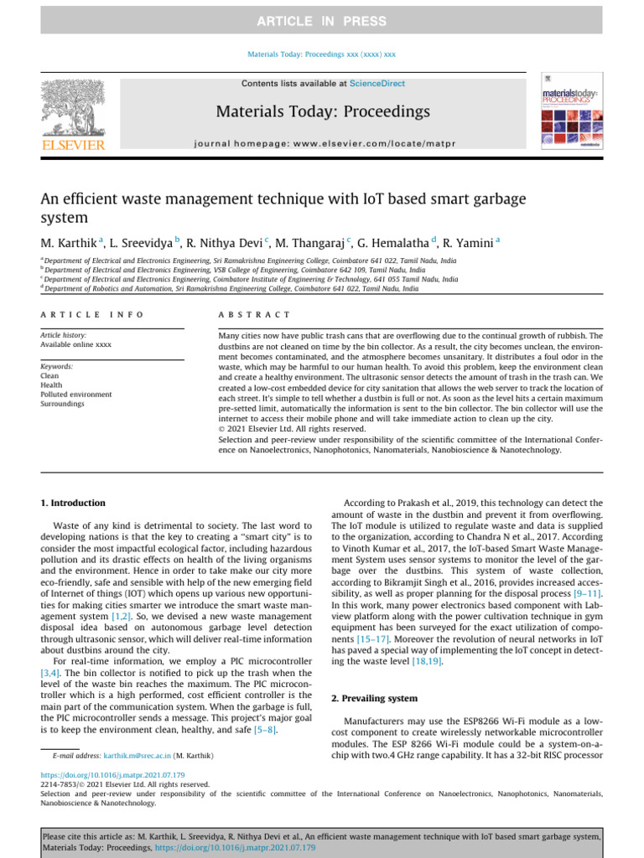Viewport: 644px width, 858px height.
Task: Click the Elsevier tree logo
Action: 73,111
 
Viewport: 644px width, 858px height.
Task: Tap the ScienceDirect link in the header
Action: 377,84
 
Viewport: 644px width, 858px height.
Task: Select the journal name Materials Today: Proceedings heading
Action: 323,111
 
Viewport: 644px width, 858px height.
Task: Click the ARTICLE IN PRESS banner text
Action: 322,21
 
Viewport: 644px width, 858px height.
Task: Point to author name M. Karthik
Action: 69,243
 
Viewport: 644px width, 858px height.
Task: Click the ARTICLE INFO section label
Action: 92,314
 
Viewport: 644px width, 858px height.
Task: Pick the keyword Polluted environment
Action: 75,394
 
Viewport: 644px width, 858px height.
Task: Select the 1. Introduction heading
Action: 73,503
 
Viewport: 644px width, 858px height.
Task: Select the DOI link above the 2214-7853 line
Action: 113,775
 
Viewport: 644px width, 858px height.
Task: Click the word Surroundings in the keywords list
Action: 64,403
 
